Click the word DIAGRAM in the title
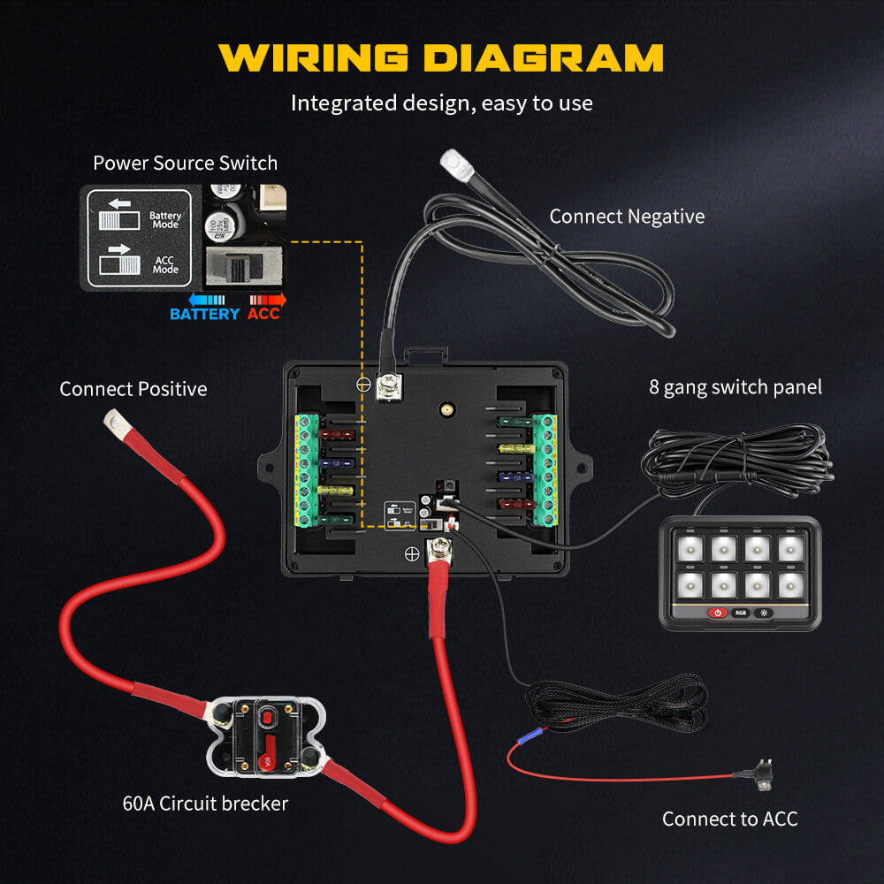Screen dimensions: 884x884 point(544,57)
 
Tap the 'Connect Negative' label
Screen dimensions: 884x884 point(627,217)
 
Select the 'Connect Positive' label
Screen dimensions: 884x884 point(133,389)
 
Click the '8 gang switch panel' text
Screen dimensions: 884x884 point(735,387)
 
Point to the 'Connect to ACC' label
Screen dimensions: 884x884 point(729,819)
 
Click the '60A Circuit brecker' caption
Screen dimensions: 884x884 point(205,804)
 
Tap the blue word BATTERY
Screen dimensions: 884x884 point(204,314)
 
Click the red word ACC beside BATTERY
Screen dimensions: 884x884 point(263,314)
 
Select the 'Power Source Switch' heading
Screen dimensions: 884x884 point(185,164)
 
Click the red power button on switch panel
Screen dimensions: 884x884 point(717,613)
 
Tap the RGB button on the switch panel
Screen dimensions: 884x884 point(740,613)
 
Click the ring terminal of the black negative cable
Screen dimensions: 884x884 point(454,159)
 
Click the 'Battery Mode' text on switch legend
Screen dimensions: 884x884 point(164,220)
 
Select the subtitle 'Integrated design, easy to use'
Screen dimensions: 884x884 point(441,103)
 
